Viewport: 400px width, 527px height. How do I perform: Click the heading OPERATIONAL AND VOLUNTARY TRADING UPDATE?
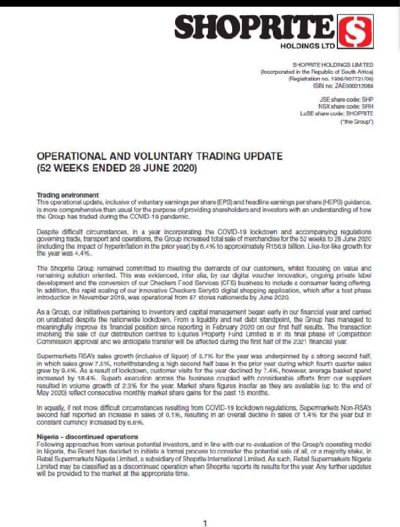tap(159, 156)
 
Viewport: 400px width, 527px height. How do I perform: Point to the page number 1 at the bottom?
tap(205, 523)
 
